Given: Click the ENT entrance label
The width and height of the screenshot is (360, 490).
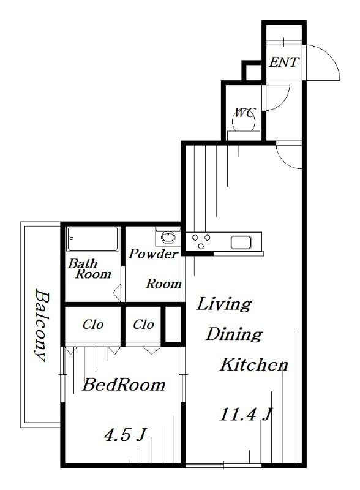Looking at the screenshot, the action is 284,62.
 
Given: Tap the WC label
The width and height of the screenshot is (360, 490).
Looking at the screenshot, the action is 246,112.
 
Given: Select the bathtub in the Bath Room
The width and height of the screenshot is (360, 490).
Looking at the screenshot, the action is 93,239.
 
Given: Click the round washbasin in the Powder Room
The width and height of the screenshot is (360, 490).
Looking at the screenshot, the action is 168,237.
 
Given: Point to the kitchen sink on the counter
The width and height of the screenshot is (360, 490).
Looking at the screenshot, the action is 241,243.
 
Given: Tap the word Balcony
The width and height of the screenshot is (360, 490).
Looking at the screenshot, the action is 42,325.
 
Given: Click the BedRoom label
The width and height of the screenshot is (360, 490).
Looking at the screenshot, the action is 124,385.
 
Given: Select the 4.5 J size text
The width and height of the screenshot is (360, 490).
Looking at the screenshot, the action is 125,435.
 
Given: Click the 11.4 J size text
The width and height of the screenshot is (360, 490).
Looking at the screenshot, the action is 246,415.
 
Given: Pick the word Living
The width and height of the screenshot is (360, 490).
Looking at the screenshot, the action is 223,304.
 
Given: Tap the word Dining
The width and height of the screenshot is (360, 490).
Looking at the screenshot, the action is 234,334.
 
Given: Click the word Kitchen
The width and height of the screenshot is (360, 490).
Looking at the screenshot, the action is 253,364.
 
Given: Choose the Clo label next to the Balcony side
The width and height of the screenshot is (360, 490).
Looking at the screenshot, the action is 93,325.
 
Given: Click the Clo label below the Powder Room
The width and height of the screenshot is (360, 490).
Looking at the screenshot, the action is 143,325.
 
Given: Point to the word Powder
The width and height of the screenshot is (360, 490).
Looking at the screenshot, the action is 154,254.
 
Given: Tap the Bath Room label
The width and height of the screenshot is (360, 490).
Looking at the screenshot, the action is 89,269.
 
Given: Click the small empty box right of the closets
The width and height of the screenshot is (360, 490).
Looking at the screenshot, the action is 173,325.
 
